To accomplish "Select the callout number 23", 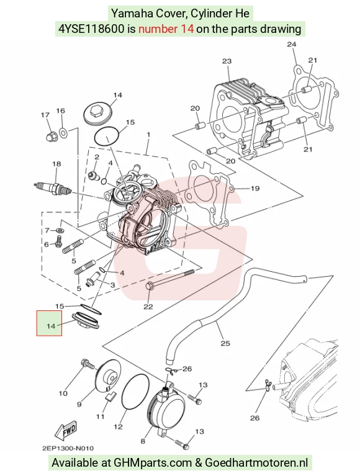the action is coord(227,61).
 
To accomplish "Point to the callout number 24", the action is coord(291,44).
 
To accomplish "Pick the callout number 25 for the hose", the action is coord(225,343).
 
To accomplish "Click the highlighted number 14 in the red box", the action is coord(51,326).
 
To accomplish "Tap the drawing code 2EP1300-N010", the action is coord(68,448).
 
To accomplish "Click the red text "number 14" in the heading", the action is coord(166,29).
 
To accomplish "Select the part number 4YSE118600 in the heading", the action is coord(91,29).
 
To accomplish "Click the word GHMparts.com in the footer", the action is coord(153,462).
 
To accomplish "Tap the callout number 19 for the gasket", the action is coord(255,189).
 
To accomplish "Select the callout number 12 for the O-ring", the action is coord(118,427).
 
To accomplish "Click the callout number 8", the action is coord(143,441).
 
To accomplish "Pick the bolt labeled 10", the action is coord(88,364).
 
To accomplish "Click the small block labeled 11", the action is coord(109,396).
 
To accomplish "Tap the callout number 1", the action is coord(148,135).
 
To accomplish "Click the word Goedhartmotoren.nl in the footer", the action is coord(256,462).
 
